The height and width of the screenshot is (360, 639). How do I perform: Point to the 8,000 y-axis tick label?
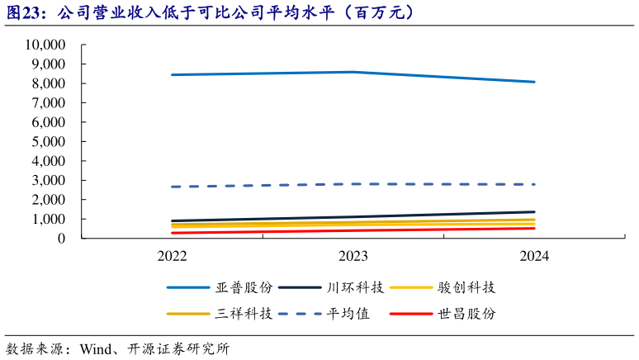coord(52,83)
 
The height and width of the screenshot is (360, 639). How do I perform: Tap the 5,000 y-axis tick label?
coord(52,141)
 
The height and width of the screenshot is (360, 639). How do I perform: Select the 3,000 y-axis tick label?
coord(52,180)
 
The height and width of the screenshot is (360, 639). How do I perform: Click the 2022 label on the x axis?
coord(172,256)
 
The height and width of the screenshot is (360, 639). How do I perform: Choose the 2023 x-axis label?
coord(353,256)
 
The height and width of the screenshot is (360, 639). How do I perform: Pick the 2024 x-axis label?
coord(534,256)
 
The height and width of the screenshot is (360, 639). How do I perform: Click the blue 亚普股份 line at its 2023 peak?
coord(353,72)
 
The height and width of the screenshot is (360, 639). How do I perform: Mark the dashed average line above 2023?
coord(353,184)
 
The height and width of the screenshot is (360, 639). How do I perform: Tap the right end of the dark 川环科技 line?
coord(534,212)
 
